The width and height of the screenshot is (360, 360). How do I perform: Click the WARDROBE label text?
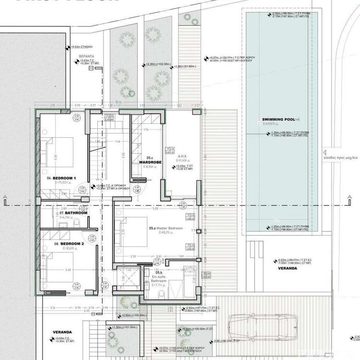tap(150, 163)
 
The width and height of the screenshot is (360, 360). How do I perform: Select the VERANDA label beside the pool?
tap(287, 268)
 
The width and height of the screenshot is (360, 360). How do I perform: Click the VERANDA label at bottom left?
tap(62, 332)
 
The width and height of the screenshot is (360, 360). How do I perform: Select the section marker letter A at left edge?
tap(4, 197)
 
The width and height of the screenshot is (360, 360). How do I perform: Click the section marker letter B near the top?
tap(90, 69)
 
